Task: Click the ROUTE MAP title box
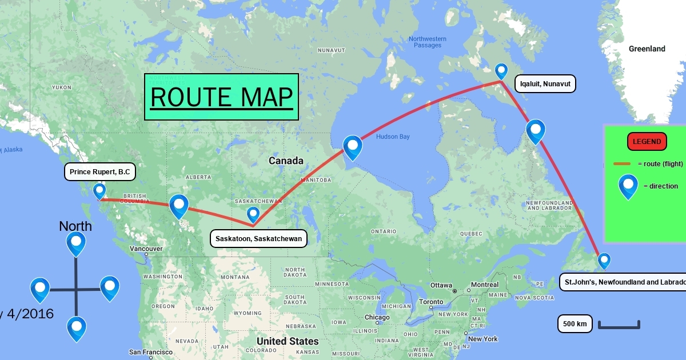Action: point(221,97)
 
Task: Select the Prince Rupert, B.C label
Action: point(100,171)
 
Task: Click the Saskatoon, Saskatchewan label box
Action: point(259,238)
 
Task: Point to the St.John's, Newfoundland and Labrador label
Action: point(623,282)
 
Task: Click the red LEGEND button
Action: point(647,142)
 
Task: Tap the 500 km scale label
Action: point(575,324)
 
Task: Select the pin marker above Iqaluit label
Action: point(501,71)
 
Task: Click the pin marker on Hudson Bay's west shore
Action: point(353,146)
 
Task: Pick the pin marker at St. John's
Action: point(604,261)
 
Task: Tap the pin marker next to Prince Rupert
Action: point(99,190)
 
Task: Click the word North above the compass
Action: point(75,226)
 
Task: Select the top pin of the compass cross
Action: point(75,243)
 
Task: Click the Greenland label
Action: point(647,49)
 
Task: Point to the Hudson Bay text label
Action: point(393,137)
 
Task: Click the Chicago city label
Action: point(377,318)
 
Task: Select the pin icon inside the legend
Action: point(628,186)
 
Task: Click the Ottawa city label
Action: point(441,285)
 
